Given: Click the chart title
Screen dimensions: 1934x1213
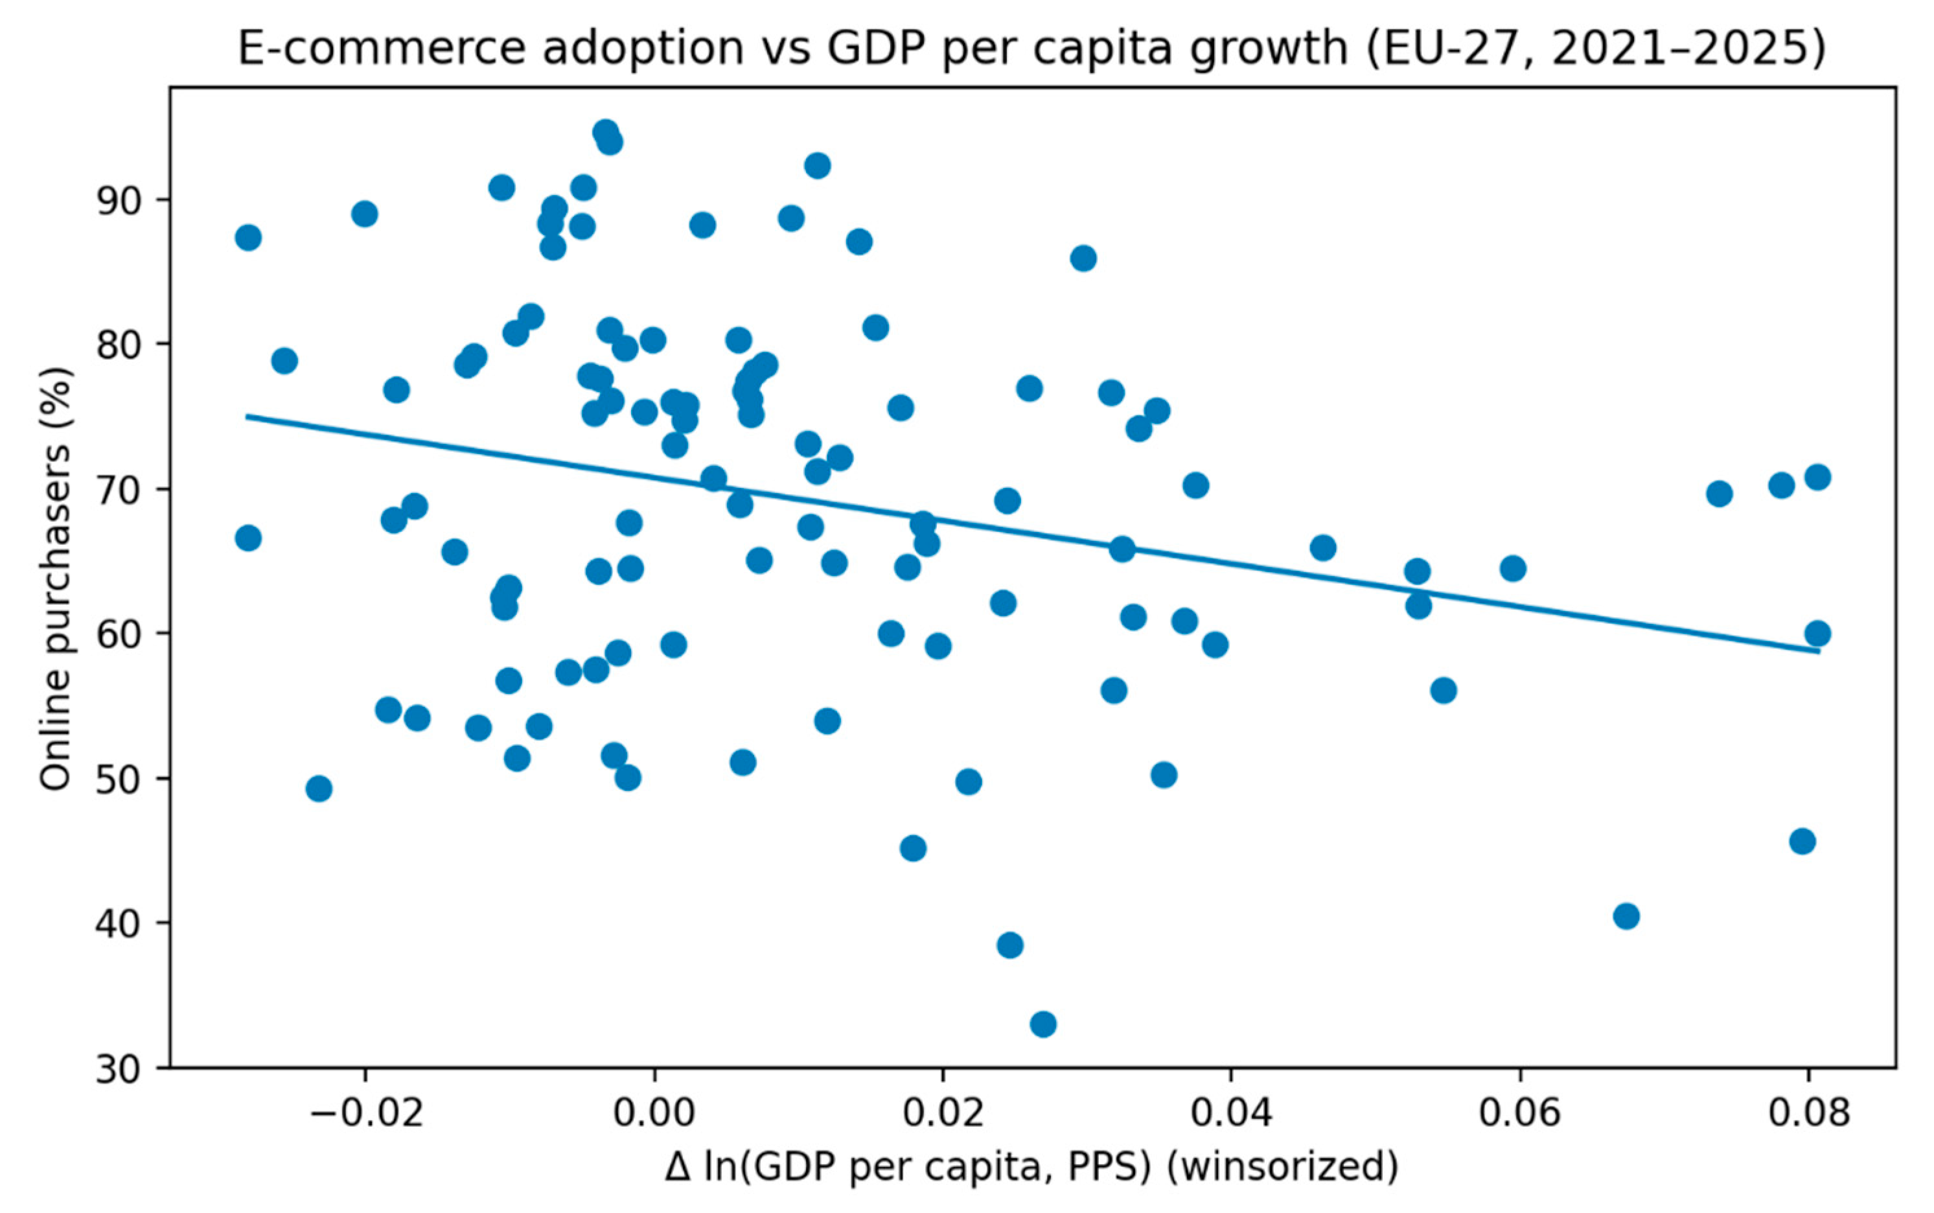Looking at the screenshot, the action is point(1031,47).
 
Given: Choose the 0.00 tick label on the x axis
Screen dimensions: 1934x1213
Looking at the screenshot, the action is point(654,1113).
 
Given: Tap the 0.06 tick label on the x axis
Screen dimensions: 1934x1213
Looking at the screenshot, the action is point(1519,1113).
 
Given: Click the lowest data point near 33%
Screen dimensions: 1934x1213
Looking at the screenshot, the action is point(1042,1024).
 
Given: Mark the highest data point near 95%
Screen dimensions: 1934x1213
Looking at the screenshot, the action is point(606,132).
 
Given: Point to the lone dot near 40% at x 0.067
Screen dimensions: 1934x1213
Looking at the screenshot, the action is point(1626,916).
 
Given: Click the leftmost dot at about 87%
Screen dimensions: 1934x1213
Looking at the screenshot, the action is point(248,237).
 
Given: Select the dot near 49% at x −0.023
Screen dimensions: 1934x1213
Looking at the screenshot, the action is point(319,789).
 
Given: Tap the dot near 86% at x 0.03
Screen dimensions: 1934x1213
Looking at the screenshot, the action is point(1083,259).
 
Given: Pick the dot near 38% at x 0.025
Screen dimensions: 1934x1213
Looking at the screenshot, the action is point(1010,945).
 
